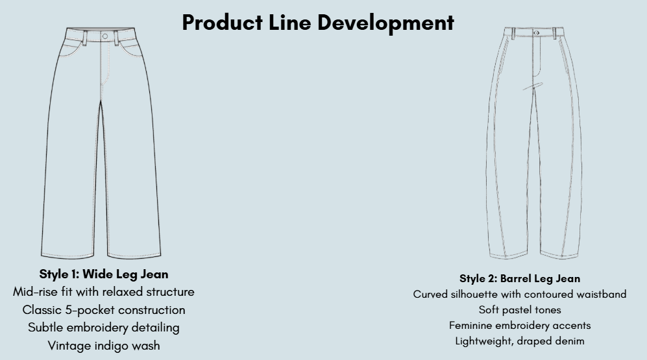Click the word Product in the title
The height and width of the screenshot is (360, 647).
(x=223, y=22)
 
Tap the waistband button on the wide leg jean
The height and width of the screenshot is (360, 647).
(x=105, y=36)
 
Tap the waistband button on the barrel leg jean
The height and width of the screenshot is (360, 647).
(x=536, y=32)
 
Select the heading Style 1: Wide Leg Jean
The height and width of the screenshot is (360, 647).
(x=104, y=274)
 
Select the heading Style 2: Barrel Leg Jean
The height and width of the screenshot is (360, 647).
(x=520, y=279)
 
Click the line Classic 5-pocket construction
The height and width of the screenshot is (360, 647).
(x=104, y=309)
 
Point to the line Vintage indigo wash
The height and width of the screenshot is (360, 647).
(x=104, y=346)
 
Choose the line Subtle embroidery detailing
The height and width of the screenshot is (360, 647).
(x=104, y=328)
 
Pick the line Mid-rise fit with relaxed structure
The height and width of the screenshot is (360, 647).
(x=104, y=292)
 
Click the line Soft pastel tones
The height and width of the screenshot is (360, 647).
(x=520, y=309)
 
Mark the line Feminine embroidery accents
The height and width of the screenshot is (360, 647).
(x=520, y=326)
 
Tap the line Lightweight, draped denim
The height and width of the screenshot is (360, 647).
(x=520, y=341)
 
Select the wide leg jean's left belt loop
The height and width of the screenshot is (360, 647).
(x=84, y=38)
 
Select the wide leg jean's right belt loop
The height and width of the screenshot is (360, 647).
(x=116, y=38)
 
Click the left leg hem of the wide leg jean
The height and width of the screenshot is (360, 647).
(x=67, y=256)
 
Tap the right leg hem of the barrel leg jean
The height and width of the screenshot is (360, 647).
(x=559, y=255)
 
